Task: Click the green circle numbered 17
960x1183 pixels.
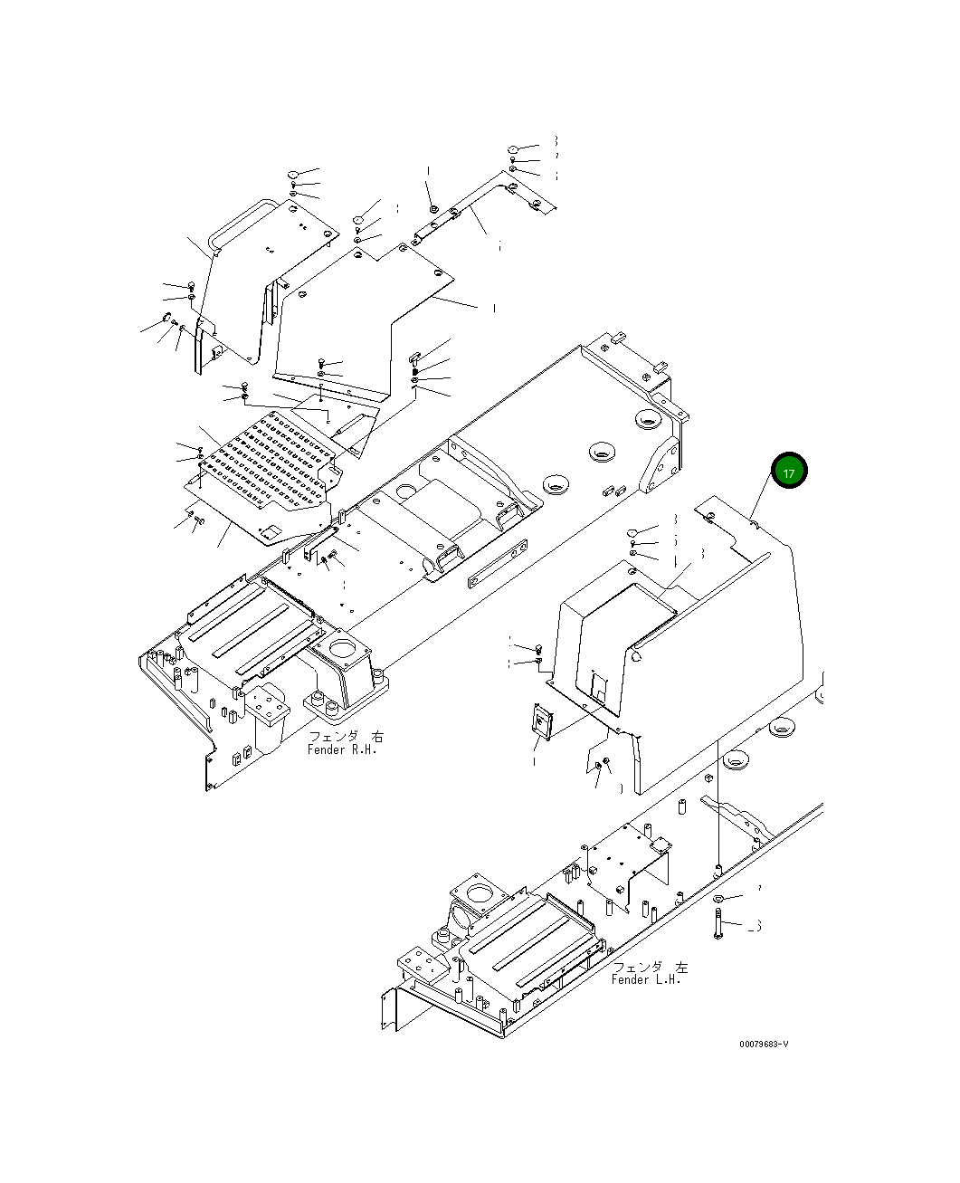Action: [788, 472]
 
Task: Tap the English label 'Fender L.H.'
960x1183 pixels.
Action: [648, 979]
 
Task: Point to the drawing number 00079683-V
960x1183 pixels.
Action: [764, 1044]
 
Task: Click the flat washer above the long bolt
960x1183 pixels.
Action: [718, 898]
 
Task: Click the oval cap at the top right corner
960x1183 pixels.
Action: [512, 149]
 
